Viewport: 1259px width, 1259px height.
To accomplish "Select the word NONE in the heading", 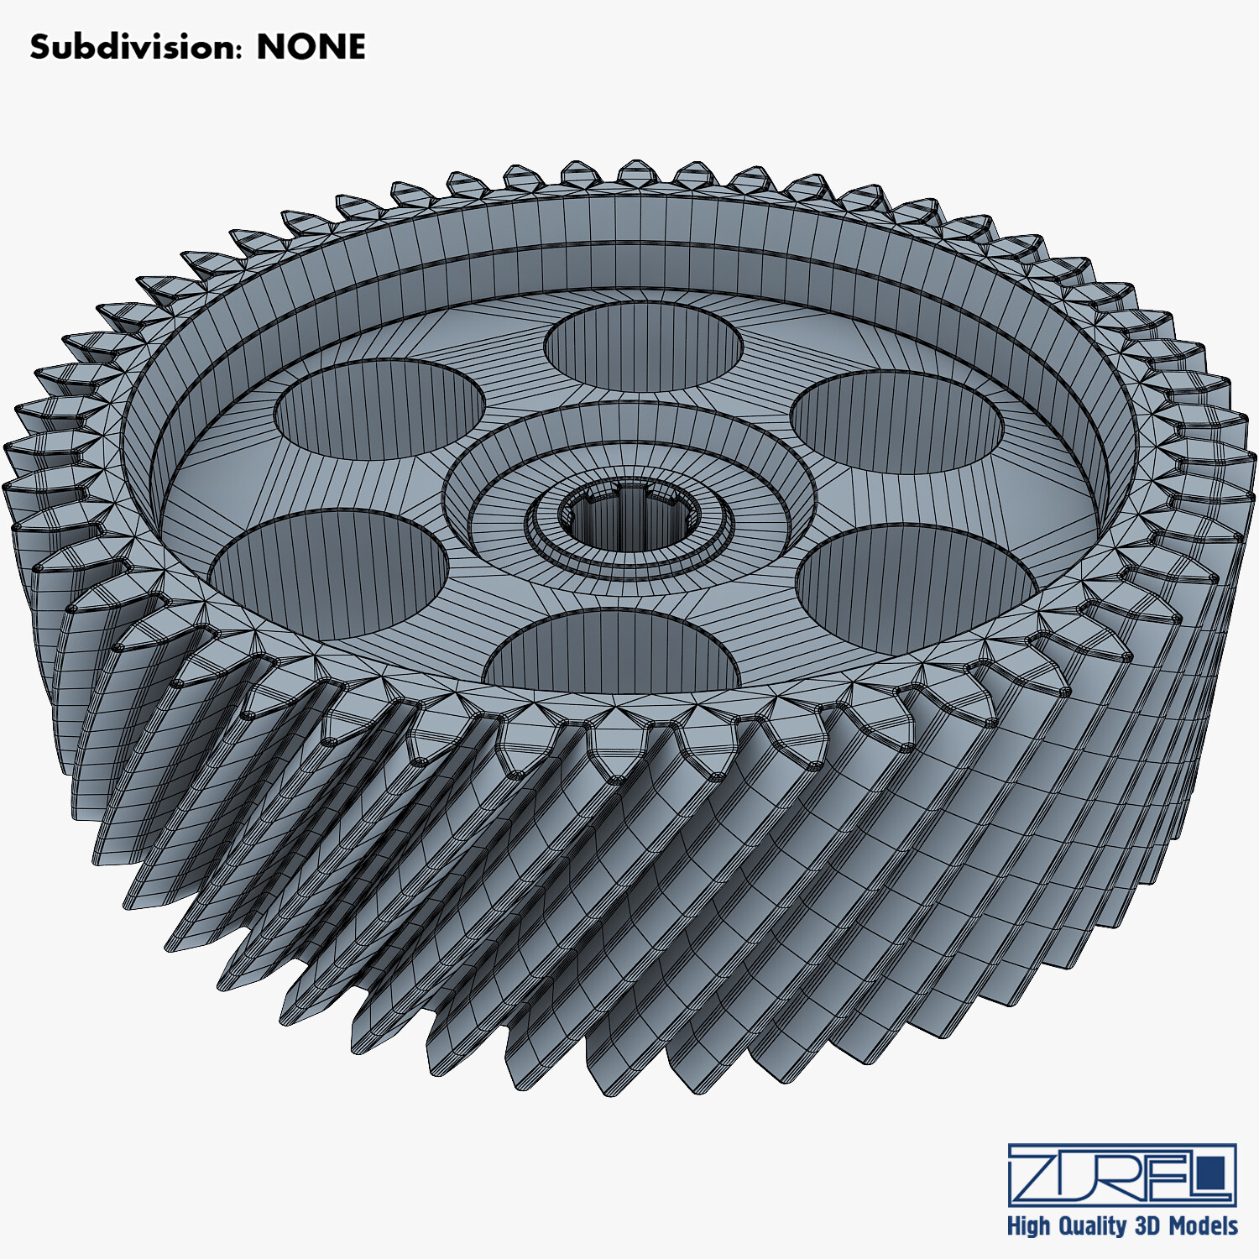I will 311,47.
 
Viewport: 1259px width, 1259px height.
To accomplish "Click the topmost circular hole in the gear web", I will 644,347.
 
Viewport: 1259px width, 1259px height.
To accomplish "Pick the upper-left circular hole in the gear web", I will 380,410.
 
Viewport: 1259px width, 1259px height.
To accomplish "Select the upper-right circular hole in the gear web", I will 897,421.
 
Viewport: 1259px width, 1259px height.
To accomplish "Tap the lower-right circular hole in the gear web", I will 915,588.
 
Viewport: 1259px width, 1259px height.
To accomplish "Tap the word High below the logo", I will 1029,1226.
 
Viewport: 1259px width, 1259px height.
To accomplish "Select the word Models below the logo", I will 1204,1226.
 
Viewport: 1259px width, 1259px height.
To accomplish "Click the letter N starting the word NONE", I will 270,47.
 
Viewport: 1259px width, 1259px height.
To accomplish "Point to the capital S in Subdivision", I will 39,47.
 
